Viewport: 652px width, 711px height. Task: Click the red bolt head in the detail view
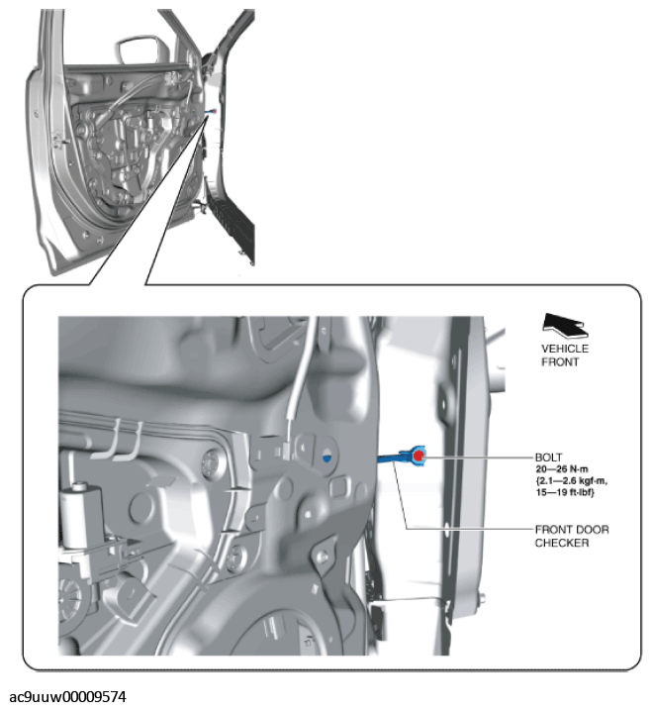pos(419,456)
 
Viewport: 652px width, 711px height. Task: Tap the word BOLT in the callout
pos(548,457)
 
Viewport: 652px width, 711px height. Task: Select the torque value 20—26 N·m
pos(562,468)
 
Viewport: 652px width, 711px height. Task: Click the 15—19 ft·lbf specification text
pos(565,492)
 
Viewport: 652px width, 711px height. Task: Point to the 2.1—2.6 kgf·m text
pos(571,480)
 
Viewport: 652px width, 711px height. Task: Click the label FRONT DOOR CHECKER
pos(572,536)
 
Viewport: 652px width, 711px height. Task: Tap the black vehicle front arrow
pos(565,326)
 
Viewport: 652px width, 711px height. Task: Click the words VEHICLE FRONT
pos(565,355)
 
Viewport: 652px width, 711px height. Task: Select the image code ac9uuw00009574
pos(68,696)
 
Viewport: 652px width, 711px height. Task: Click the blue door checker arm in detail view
pos(395,457)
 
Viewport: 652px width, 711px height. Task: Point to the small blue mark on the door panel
pos(326,458)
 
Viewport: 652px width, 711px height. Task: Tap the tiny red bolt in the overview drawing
pos(215,110)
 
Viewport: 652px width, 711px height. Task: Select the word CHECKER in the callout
pos(562,543)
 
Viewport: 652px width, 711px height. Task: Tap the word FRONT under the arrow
pos(560,361)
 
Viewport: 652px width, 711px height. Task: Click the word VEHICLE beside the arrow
pos(565,349)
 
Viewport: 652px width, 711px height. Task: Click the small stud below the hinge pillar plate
pos(483,598)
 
